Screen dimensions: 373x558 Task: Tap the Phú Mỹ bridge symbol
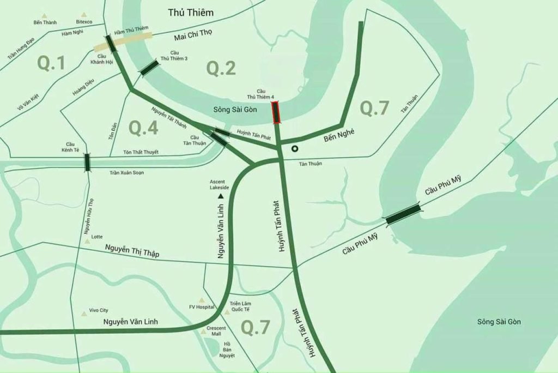403,214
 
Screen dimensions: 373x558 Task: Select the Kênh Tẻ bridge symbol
87,163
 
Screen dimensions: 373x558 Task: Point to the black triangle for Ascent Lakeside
221,195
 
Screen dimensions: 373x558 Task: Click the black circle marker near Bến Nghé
295,148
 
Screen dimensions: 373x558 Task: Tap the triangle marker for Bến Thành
45,16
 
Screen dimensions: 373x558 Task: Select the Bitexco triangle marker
83,15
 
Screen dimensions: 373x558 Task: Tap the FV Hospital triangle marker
201,300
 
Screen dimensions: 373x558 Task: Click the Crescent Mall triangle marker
202,329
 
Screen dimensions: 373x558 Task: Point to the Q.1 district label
51,63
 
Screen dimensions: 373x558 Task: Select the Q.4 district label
143,128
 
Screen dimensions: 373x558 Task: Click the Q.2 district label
221,68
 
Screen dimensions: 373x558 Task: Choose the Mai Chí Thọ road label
193,35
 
